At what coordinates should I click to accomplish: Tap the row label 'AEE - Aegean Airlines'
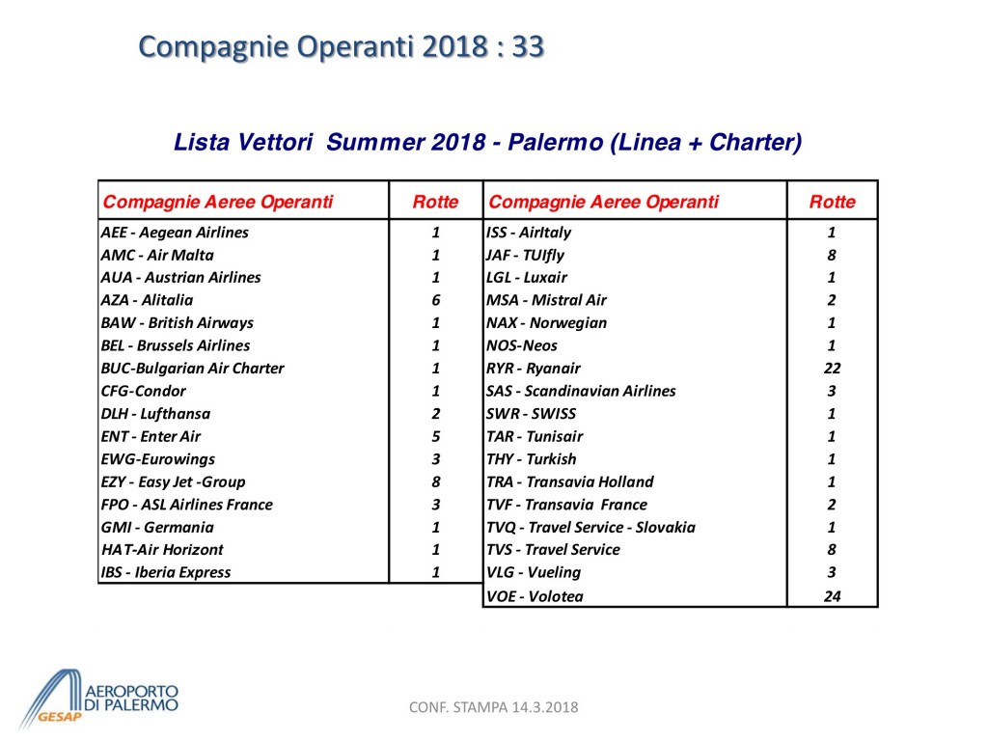[175, 233]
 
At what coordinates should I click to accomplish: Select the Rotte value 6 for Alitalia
[436, 300]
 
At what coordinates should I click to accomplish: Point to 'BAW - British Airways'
[178, 323]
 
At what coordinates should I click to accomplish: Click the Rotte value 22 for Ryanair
[832, 369]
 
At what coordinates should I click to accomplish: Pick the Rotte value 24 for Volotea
[832, 596]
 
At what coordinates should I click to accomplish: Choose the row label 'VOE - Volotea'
[535, 596]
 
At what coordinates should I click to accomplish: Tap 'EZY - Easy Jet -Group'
[173, 481]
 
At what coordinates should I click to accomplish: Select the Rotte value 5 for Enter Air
[436, 436]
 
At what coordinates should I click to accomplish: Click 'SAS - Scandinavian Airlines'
[581, 391]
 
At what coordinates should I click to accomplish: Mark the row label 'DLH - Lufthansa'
[155, 414]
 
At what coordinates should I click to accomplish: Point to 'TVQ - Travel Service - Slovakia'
[590, 527]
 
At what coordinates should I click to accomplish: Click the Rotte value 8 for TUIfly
[832, 256]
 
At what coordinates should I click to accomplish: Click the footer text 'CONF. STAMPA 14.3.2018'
[494, 707]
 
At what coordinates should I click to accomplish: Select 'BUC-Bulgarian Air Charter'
[192, 369]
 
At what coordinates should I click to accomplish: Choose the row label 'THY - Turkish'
[531, 459]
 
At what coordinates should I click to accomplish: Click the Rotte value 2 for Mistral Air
[832, 300]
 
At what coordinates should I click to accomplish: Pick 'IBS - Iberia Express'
[166, 572]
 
